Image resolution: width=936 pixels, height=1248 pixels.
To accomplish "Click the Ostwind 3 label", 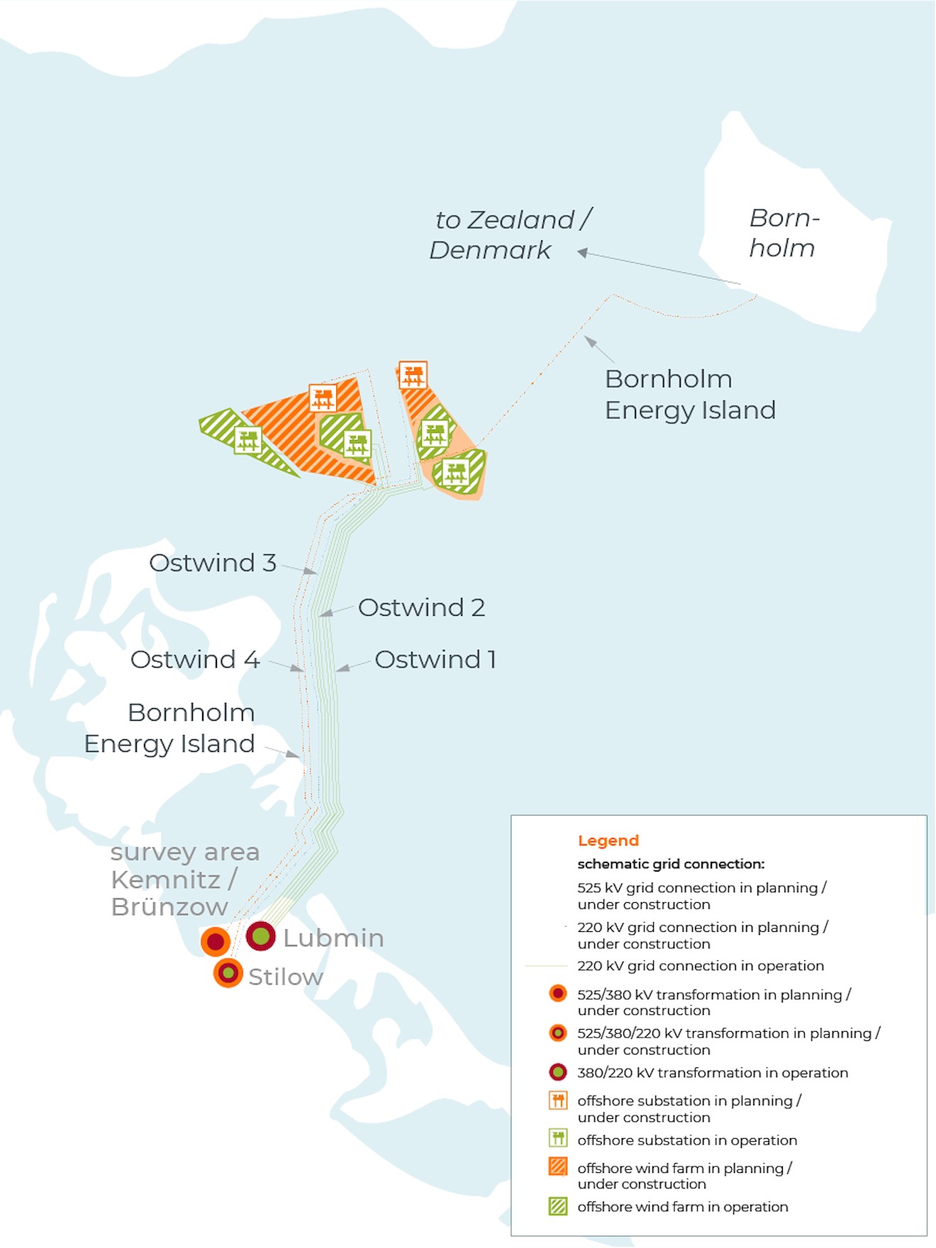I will click(x=212, y=563).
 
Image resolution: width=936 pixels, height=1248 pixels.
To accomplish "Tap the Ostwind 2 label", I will click(x=421, y=607).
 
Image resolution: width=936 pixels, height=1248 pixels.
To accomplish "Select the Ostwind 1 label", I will click(x=435, y=659).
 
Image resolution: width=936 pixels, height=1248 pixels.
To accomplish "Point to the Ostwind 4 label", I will click(x=195, y=659).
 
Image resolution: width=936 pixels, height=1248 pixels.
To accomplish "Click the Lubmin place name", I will click(x=333, y=938).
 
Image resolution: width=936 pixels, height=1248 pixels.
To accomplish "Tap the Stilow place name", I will click(x=285, y=977).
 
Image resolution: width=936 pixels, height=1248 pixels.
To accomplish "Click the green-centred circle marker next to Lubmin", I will click(x=260, y=936).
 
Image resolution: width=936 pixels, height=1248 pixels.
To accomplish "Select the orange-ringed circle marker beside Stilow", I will click(x=228, y=973).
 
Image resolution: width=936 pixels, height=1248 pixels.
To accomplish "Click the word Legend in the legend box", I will click(x=608, y=841).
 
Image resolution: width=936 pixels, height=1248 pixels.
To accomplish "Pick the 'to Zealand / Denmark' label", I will click(x=510, y=235).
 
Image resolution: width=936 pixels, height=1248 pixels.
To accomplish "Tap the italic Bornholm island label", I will click(x=783, y=233).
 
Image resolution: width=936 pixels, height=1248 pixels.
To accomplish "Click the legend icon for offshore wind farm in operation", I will click(x=558, y=1206).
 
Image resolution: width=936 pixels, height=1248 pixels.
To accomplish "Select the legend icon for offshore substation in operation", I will click(x=558, y=1139).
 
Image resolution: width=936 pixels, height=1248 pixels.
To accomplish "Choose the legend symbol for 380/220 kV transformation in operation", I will click(x=558, y=1072).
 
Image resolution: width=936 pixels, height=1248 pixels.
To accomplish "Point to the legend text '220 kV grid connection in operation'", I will click(x=701, y=965).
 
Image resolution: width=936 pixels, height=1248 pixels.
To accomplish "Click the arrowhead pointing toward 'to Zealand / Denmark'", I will click(x=582, y=252).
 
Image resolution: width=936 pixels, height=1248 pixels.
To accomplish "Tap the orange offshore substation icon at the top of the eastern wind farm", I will click(x=413, y=375).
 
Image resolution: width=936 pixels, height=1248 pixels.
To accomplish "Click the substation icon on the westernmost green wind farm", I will click(x=247, y=440).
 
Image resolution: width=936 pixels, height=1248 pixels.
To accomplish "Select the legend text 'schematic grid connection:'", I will click(x=671, y=864).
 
